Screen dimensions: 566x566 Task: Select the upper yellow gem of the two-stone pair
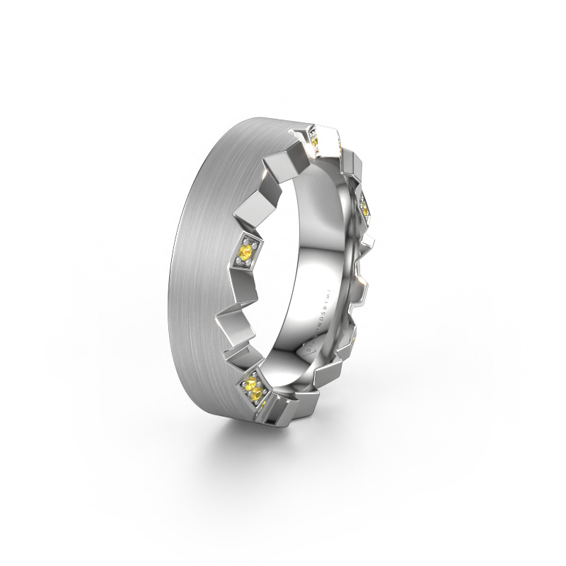[248, 384]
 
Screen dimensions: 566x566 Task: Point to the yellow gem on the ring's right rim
[364, 209]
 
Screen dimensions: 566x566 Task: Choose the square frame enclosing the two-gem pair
[252, 387]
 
